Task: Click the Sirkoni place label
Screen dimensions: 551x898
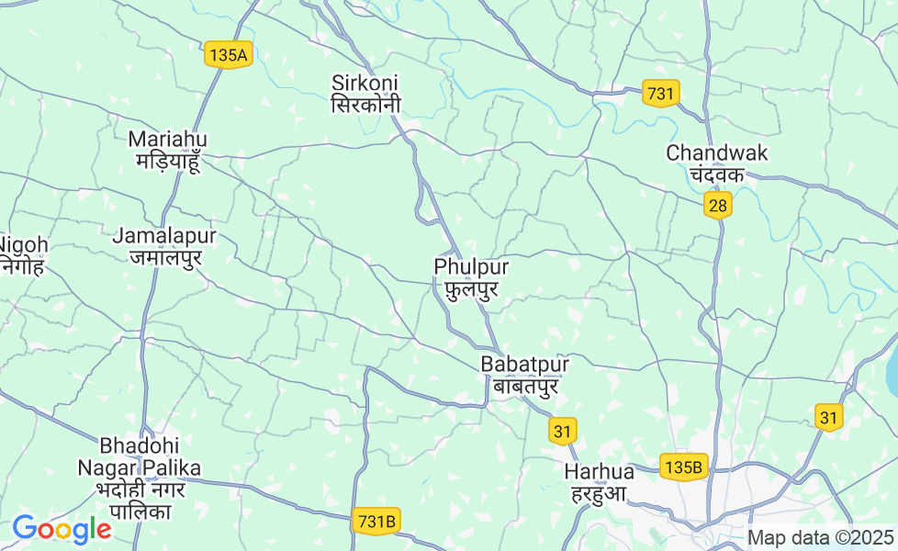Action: (365, 94)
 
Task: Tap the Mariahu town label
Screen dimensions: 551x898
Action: (168, 150)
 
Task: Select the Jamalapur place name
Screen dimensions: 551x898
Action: (164, 246)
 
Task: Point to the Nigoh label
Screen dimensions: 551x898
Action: (22, 255)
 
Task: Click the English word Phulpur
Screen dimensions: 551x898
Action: (471, 266)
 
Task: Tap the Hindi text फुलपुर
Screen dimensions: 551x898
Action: (471, 290)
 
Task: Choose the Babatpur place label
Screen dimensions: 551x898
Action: (524, 375)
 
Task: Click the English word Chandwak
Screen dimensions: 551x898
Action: (717, 152)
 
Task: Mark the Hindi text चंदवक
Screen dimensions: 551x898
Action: (717, 174)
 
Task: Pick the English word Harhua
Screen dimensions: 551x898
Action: (600, 471)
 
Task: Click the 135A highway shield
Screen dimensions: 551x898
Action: (228, 55)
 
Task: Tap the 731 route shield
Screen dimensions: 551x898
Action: (660, 94)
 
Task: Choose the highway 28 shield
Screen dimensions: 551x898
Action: (718, 206)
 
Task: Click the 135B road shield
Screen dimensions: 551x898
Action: (684, 467)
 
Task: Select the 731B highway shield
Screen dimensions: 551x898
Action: (376, 522)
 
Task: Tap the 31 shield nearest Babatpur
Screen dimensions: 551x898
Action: (563, 430)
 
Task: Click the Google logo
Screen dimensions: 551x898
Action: (62, 529)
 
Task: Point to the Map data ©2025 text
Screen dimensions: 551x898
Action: (820, 537)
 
